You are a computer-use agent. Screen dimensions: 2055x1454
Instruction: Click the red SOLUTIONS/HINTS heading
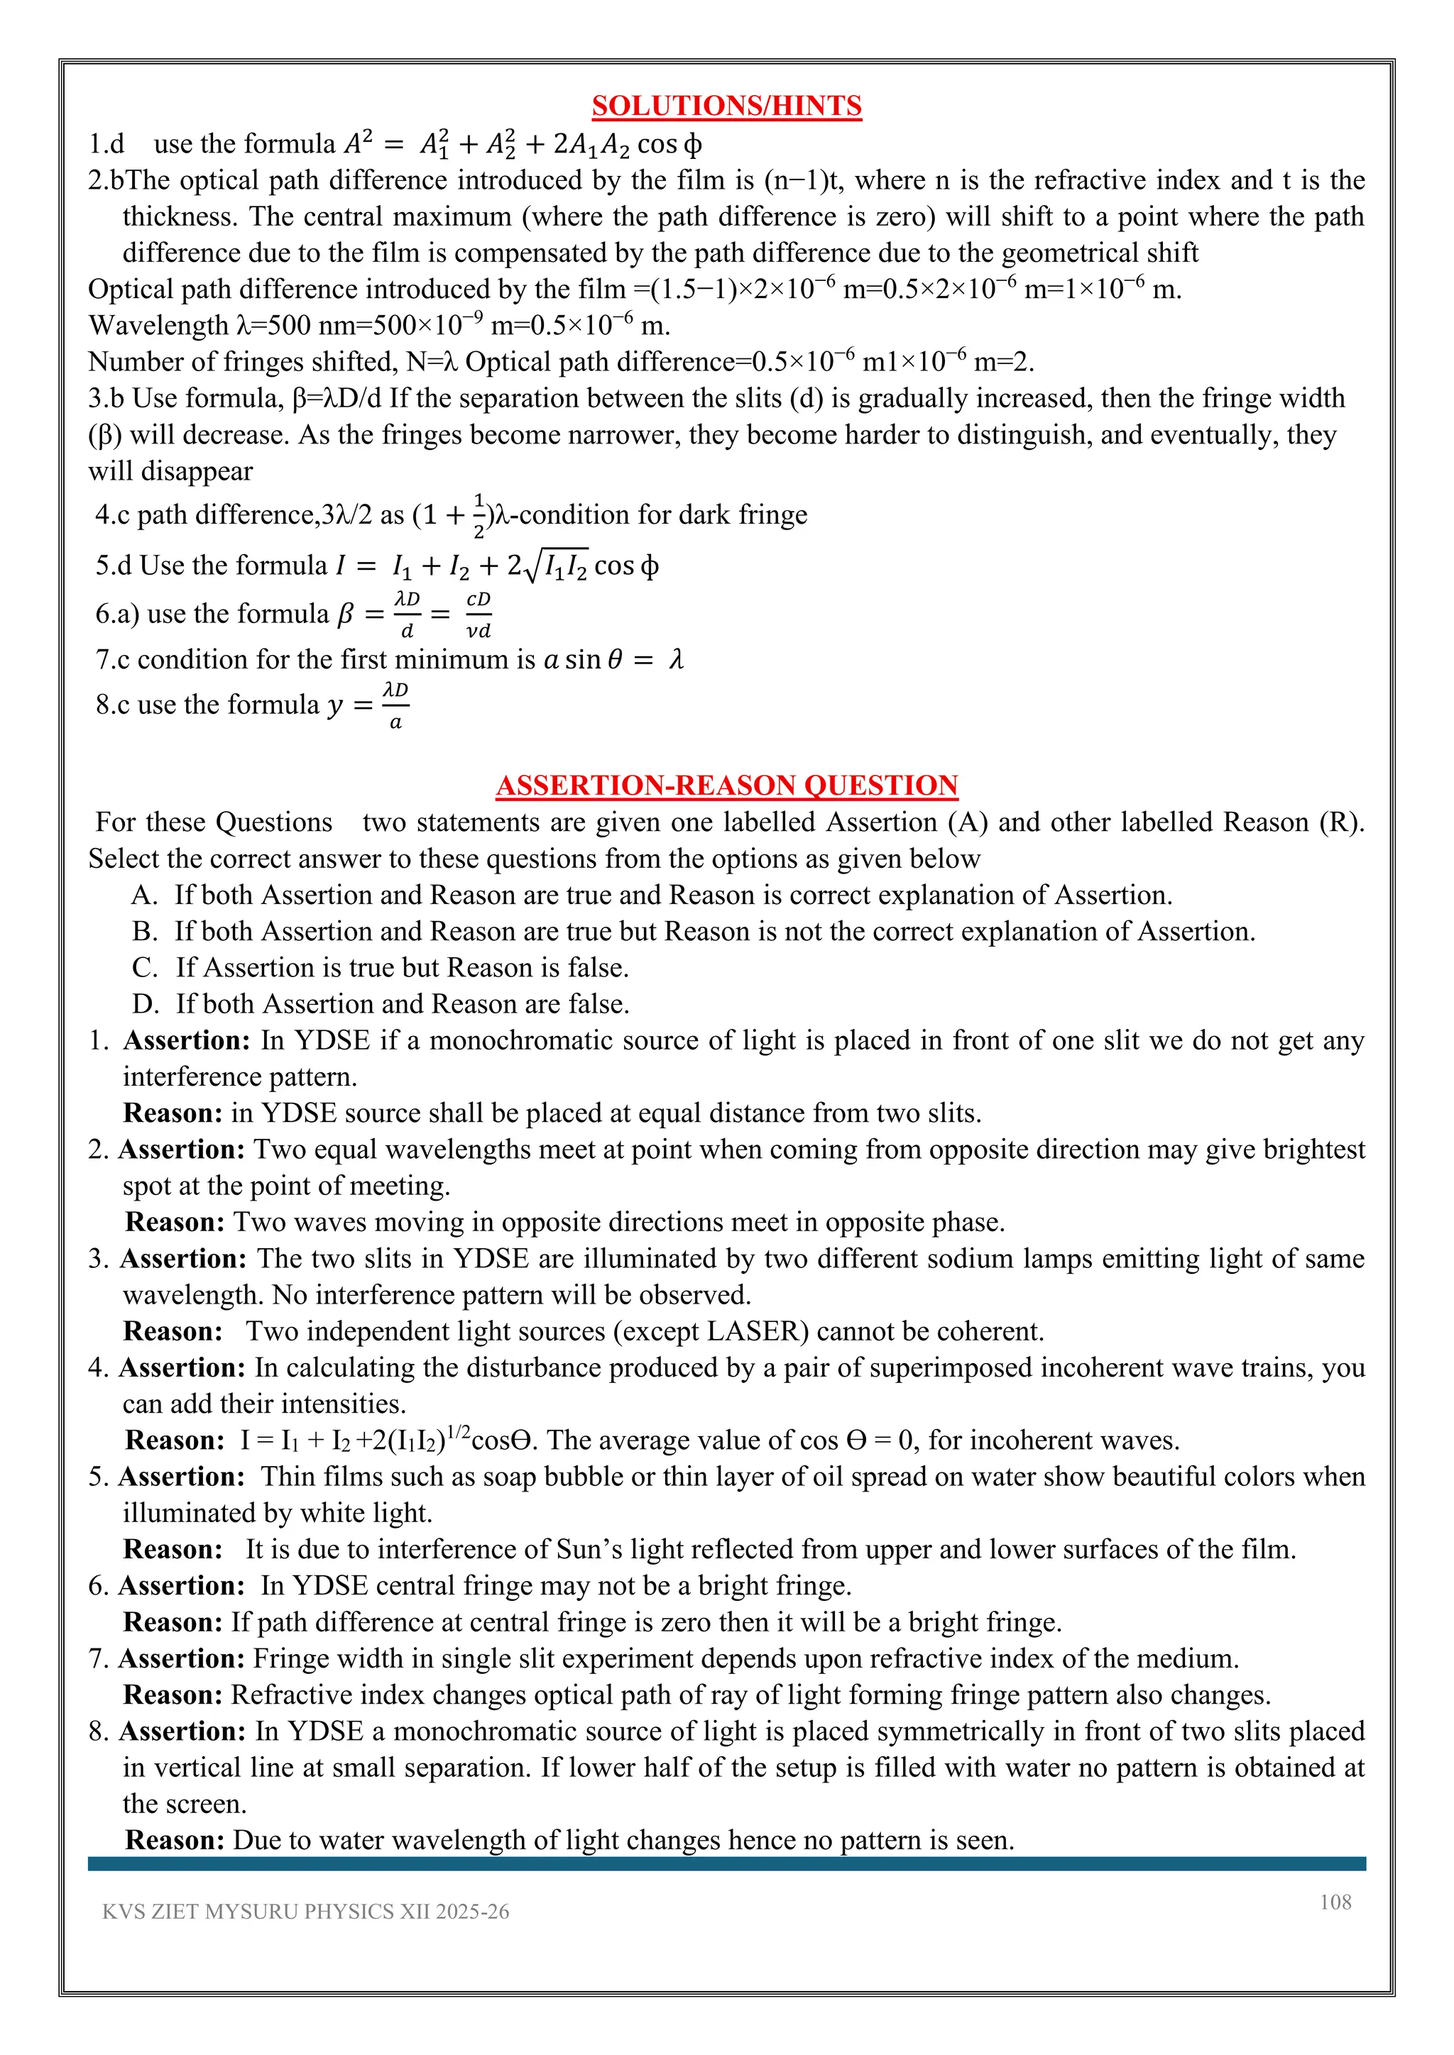(726, 106)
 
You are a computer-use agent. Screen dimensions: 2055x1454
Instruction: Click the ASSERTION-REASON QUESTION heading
(726, 785)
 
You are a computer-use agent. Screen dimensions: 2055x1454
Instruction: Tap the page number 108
(1335, 1901)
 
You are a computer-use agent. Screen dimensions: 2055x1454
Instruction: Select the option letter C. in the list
(144, 967)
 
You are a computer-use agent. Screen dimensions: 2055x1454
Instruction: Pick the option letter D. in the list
(144, 1004)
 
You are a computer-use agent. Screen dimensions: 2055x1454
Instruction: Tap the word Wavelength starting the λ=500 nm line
(158, 325)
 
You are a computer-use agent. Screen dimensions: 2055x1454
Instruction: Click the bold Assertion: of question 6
(182, 1585)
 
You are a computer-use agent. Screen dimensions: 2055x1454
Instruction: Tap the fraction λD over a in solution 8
(395, 705)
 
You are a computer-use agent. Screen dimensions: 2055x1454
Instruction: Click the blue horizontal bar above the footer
(726, 1863)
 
